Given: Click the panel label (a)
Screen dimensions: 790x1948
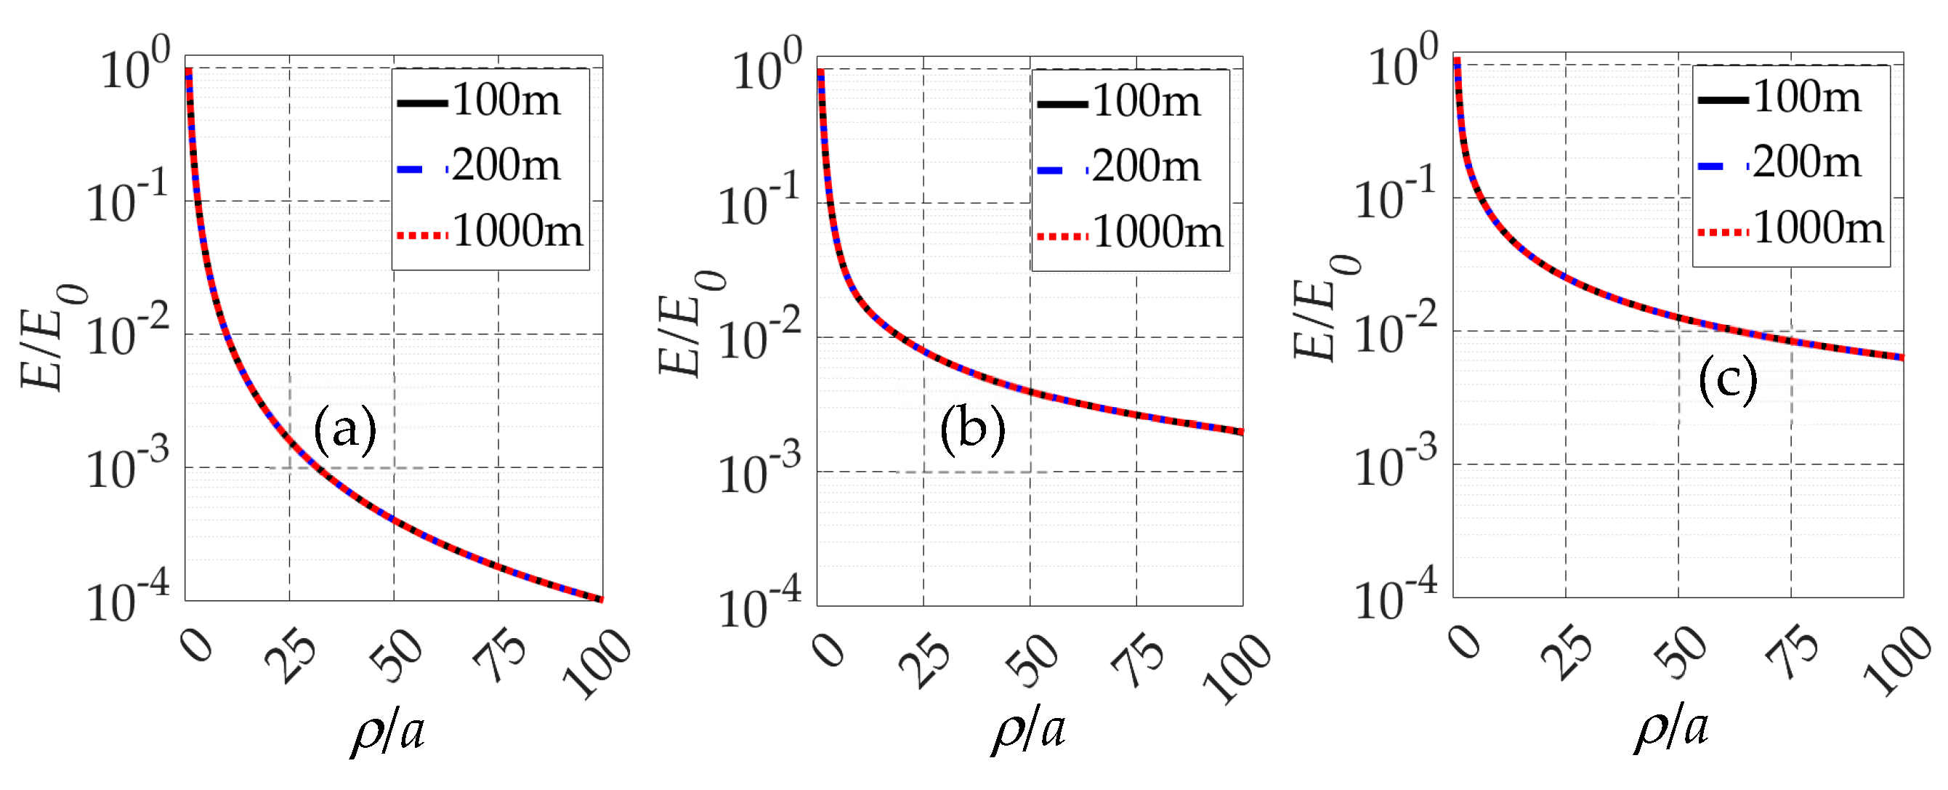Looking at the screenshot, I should coord(345,429).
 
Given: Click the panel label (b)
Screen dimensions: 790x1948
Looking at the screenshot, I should coord(972,429).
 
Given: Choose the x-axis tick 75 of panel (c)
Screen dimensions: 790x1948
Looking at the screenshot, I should coord(1793,653).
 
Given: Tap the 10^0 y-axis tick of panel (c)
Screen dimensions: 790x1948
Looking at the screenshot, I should coord(1404,63).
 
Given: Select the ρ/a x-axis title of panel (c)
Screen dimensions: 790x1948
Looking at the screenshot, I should coord(1671,728).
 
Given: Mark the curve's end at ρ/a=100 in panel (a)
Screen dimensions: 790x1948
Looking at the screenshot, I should coord(601,600).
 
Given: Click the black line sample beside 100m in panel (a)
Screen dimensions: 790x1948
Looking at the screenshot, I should coord(423,103).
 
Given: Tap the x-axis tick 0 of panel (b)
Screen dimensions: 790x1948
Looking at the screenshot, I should coord(830,649).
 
